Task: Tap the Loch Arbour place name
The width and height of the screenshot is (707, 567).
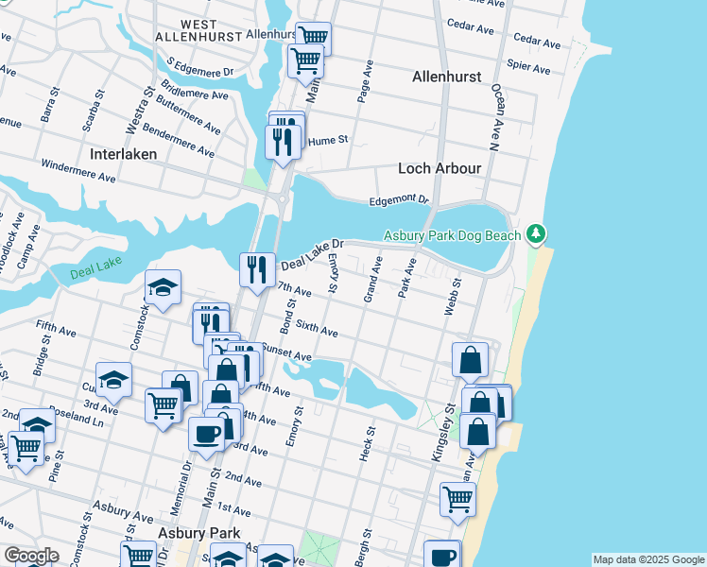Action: tap(440, 168)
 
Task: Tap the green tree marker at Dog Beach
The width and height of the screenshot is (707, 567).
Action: tap(536, 232)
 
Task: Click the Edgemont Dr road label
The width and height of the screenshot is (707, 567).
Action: tap(399, 200)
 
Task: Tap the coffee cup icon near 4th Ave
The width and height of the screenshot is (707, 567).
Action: tap(205, 434)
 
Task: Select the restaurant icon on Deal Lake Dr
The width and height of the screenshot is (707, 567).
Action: tap(256, 267)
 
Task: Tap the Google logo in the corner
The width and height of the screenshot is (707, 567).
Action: tap(30, 556)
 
